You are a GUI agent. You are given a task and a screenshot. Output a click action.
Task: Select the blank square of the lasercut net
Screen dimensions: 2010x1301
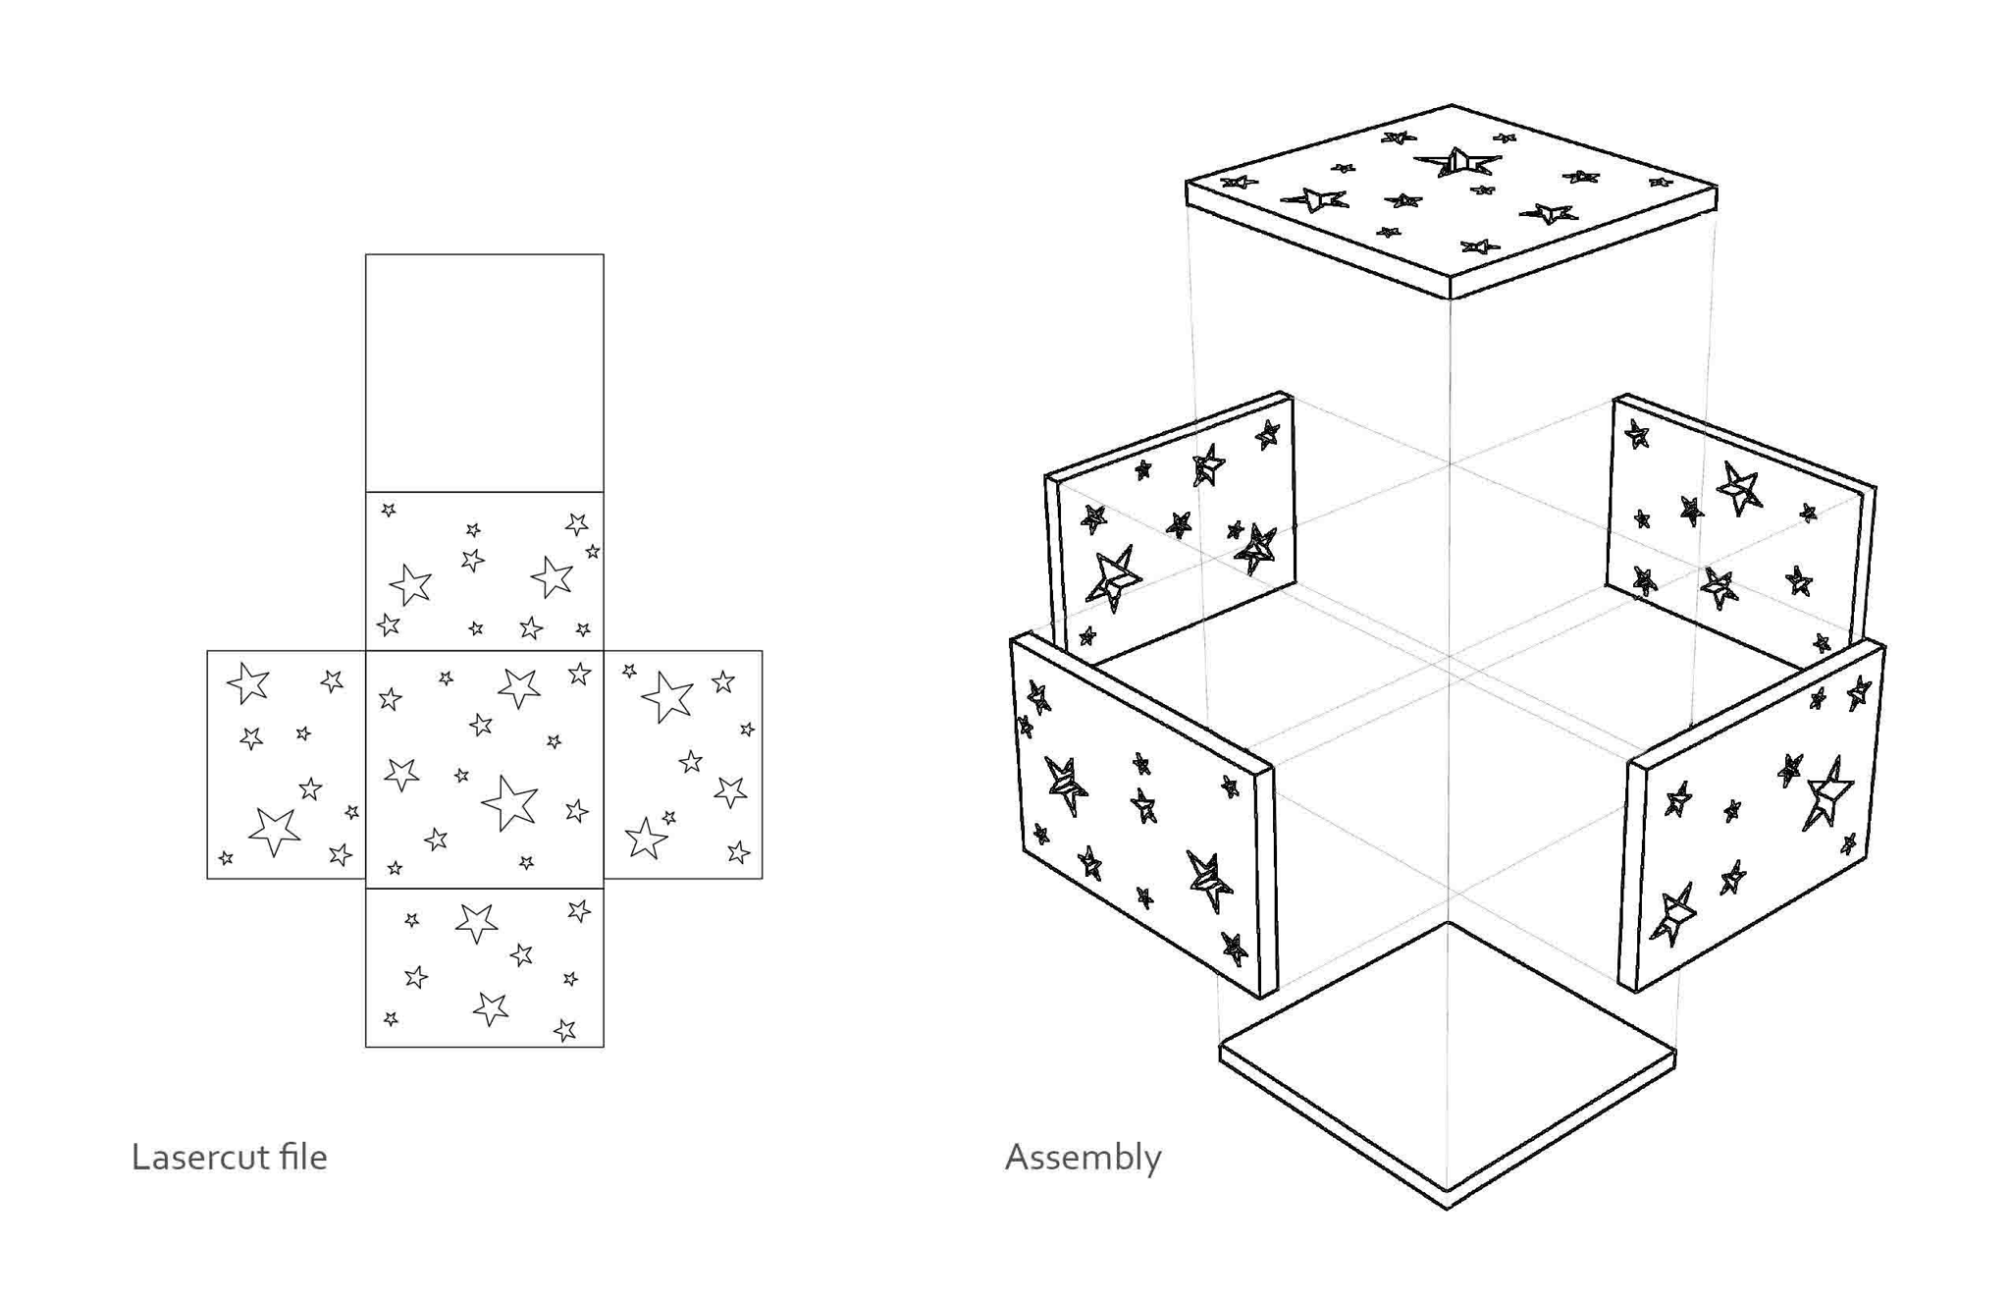pos(485,373)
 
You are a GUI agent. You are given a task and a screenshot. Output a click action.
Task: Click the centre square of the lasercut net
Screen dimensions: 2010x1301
pos(485,769)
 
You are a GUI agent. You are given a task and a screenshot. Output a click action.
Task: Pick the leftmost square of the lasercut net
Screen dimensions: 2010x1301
pos(287,764)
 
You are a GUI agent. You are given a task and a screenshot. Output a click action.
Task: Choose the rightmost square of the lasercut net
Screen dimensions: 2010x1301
pos(683,764)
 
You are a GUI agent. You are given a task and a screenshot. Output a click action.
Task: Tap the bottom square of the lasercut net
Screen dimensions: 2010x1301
pos(485,967)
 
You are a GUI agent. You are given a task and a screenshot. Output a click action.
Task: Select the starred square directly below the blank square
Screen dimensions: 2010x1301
pos(485,570)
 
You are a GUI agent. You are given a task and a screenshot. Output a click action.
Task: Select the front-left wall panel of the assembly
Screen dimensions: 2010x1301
pos(1143,815)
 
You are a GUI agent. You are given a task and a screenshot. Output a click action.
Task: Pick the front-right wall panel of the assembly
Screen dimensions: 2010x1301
pos(1752,815)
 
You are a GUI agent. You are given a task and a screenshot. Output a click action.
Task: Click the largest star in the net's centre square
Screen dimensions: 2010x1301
pos(509,802)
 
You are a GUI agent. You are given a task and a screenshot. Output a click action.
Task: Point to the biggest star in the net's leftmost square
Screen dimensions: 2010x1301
pos(274,831)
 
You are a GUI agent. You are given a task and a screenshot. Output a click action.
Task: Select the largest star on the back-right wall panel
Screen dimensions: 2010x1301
pos(1739,487)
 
